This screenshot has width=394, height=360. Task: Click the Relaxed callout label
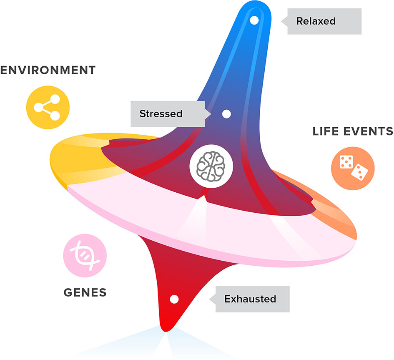point(321,21)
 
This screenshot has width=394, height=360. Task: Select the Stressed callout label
point(167,114)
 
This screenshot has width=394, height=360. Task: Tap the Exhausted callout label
point(250,299)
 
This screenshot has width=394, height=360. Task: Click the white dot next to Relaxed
point(254,20)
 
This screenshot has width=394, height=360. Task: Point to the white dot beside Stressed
point(227,114)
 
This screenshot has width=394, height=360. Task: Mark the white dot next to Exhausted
point(174,299)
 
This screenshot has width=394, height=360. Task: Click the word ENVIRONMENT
point(48,70)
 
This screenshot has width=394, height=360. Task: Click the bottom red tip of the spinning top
point(167,327)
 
